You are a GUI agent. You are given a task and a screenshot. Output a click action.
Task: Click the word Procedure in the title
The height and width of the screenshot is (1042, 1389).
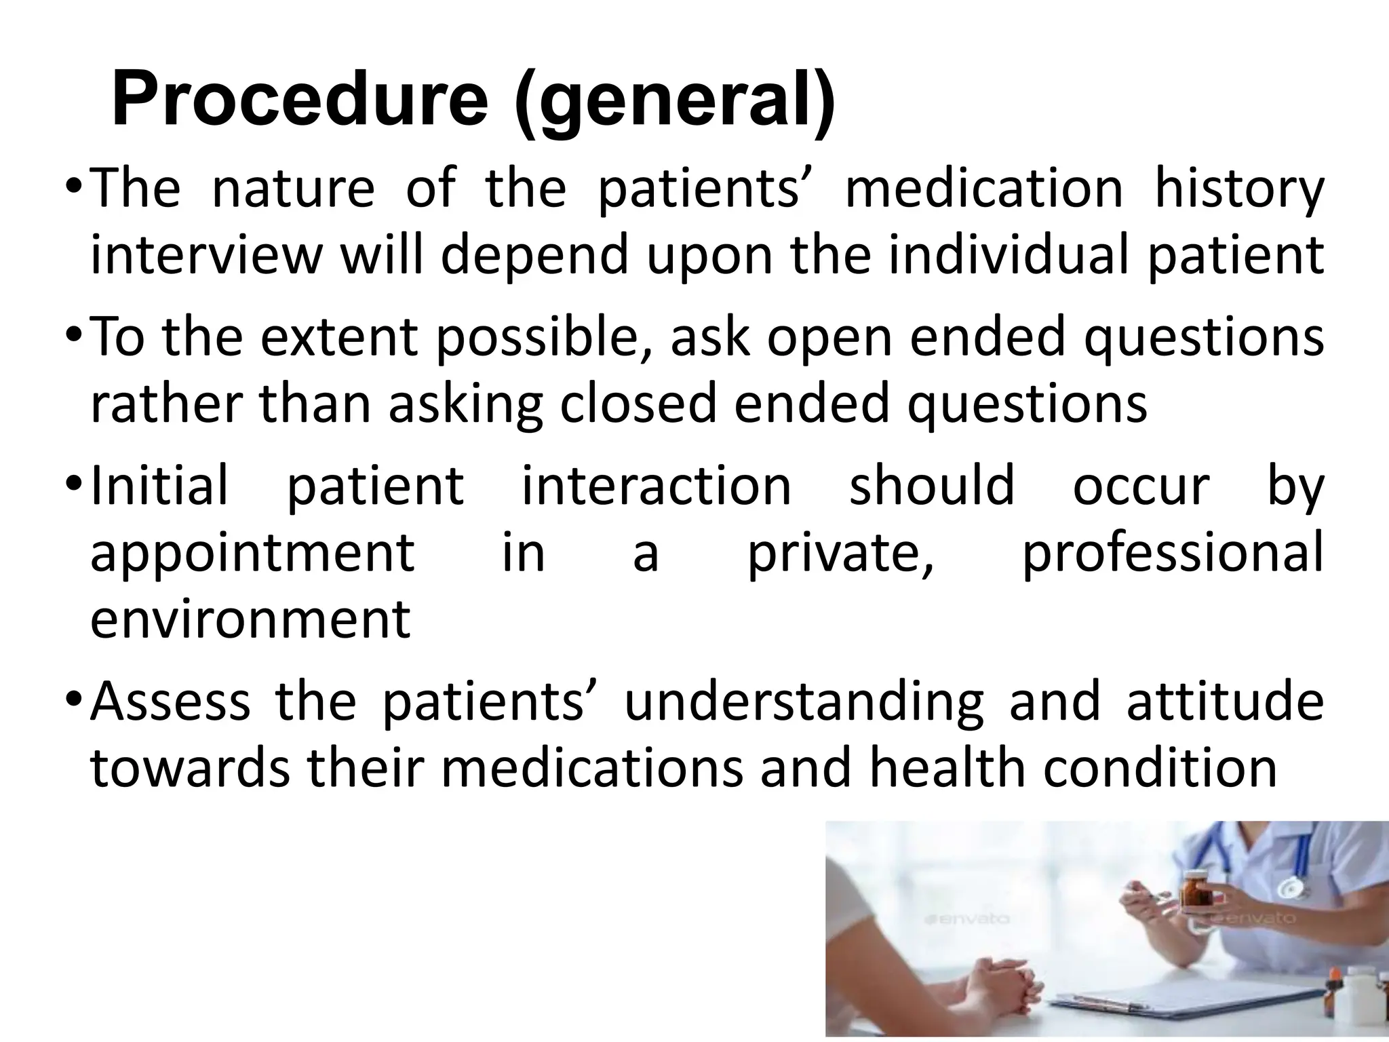pyautogui.click(x=299, y=100)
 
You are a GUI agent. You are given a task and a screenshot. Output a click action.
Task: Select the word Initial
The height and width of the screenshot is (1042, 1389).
pyautogui.click(x=159, y=486)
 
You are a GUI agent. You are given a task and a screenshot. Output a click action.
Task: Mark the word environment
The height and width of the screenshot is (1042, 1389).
pyautogui.click(x=250, y=619)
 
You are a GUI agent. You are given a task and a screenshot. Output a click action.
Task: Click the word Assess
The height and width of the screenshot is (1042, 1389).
pyautogui.click(x=170, y=701)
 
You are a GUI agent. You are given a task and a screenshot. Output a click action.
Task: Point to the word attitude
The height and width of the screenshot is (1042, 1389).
pyautogui.click(x=1225, y=701)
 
